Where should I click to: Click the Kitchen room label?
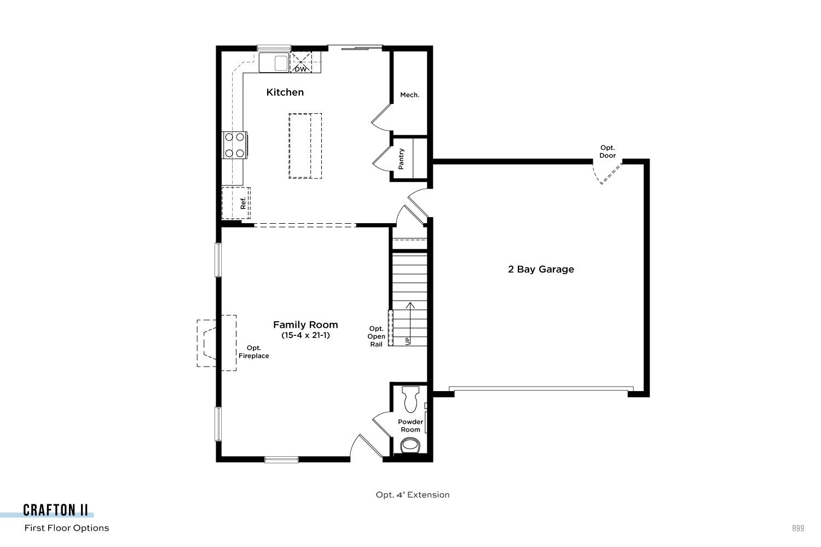(285, 92)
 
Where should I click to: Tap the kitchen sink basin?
(281, 63)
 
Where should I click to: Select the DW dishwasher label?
(300, 69)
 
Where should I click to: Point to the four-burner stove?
(235, 145)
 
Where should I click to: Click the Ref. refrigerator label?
(242, 203)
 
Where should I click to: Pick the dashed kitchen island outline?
(305, 146)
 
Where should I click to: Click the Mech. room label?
(409, 95)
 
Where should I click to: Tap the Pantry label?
(401, 159)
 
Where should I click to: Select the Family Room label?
(305, 324)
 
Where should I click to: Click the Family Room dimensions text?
(305, 335)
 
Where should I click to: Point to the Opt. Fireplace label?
(253, 352)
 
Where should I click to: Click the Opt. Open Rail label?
(377, 336)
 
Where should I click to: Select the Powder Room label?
(410, 426)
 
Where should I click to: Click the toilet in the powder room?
(410, 399)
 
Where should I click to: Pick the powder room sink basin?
(410, 445)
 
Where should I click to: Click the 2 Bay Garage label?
(541, 269)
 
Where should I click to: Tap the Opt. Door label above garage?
(608, 152)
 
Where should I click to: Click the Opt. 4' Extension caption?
(412, 494)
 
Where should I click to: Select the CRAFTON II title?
(55, 510)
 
